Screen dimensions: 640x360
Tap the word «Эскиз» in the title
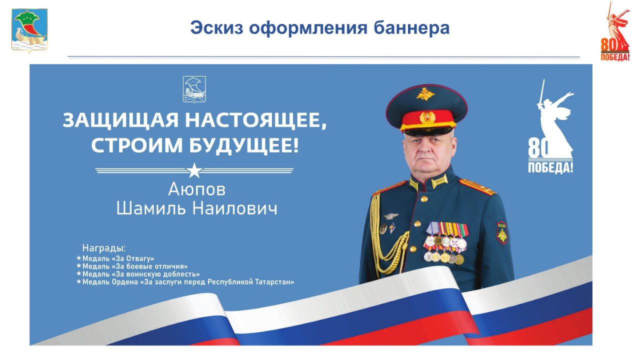click(x=217, y=28)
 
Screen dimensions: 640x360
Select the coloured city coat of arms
click(x=29, y=30)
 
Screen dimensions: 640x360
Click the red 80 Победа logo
click(x=615, y=31)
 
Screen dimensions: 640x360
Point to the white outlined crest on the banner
click(x=194, y=89)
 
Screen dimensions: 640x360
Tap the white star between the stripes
click(x=194, y=170)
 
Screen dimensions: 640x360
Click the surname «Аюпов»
click(x=197, y=189)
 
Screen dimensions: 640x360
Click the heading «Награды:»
click(x=104, y=248)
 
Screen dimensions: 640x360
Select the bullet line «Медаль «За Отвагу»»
click(x=115, y=258)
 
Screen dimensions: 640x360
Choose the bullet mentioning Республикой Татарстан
click(x=185, y=282)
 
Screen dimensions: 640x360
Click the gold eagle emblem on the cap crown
click(x=425, y=94)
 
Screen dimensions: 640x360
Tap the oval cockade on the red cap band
click(x=427, y=117)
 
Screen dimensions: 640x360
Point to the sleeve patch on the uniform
click(x=501, y=233)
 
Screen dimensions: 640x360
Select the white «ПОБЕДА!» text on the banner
click(x=550, y=167)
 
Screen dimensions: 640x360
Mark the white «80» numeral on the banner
click(x=538, y=147)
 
